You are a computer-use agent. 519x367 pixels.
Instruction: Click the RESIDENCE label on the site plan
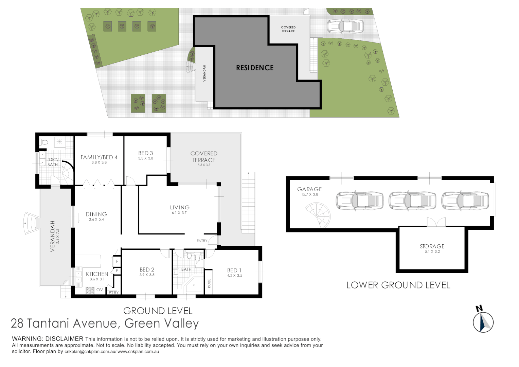click(255, 68)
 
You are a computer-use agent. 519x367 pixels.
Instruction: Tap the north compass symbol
click(483, 321)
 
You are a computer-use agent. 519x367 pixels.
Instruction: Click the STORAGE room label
click(432, 246)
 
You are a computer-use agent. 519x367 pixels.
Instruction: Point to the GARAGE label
click(309, 189)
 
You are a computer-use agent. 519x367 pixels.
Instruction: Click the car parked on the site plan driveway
click(345, 26)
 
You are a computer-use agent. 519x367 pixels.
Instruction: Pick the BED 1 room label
click(234, 270)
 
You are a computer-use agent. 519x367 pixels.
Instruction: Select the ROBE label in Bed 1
click(209, 283)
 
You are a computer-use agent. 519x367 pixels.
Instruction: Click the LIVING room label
click(180, 207)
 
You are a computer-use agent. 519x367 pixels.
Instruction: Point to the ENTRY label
click(202, 241)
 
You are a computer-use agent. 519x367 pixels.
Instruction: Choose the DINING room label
click(96, 214)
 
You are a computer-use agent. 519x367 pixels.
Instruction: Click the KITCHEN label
click(97, 274)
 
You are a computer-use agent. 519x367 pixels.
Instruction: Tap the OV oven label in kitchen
click(100, 290)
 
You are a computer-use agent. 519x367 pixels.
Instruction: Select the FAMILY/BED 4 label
click(99, 157)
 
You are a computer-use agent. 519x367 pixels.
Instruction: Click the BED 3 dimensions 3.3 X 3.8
click(145, 158)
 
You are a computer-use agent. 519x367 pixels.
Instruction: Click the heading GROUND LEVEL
click(158, 311)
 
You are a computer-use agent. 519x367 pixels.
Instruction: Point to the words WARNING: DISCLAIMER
click(48, 339)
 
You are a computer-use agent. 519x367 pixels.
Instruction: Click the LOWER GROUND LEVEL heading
click(398, 285)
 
